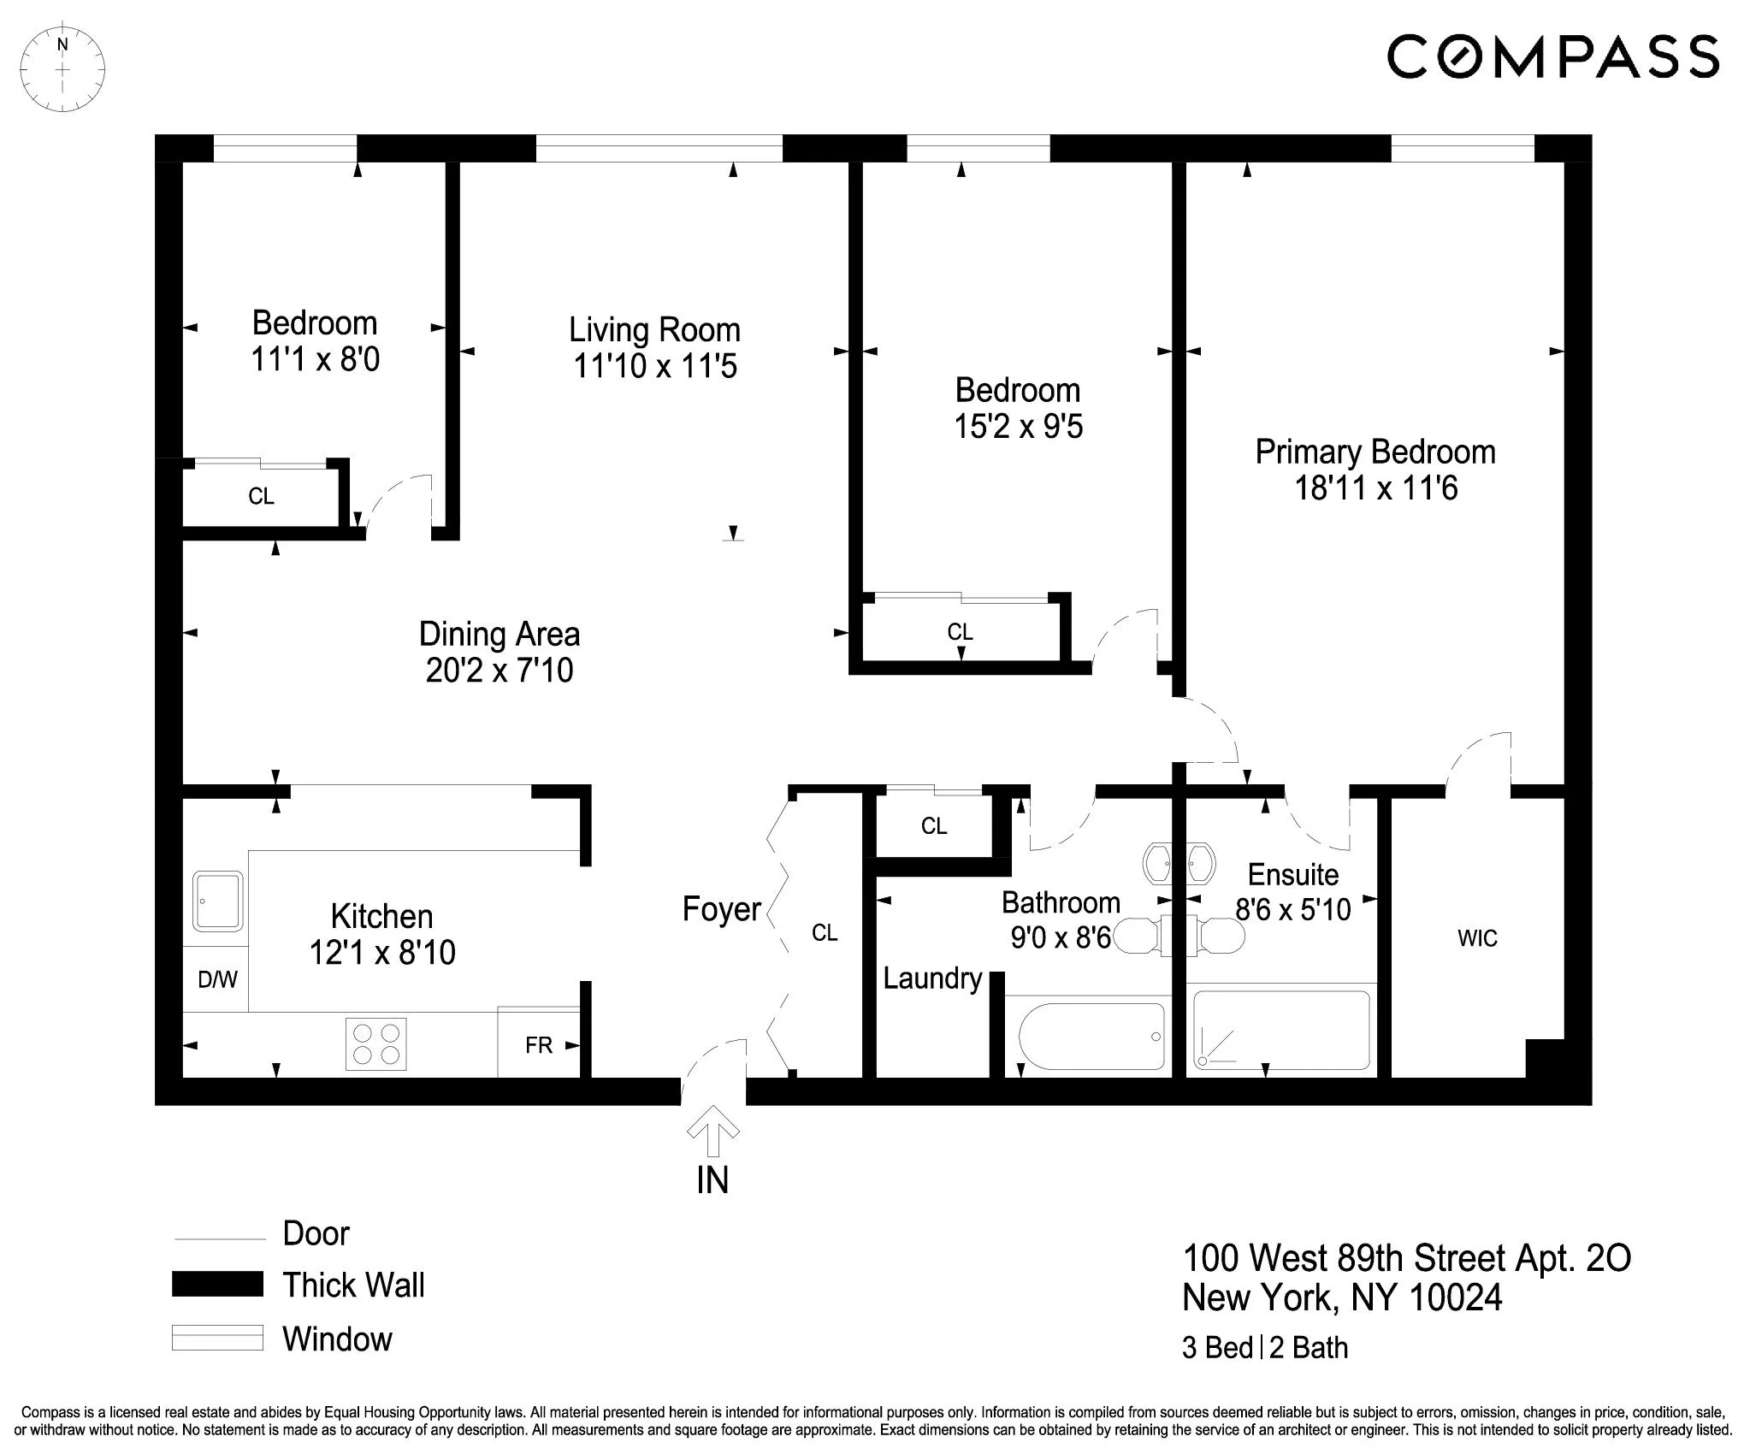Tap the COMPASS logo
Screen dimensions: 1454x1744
click(1552, 56)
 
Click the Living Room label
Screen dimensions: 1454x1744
click(654, 330)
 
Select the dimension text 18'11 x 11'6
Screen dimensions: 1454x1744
click(1375, 488)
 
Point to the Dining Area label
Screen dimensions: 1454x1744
click(500, 634)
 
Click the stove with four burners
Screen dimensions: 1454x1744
click(375, 1043)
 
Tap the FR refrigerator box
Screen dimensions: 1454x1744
click(539, 1044)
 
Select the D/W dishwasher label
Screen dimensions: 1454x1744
click(217, 979)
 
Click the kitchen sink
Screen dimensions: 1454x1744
click(217, 901)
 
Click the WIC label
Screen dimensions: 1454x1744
click(1477, 938)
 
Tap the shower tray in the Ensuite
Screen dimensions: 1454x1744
click(1280, 1030)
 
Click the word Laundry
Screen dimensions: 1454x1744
click(932, 978)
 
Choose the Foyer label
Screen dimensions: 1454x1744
click(721, 909)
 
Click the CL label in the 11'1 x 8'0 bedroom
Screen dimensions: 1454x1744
click(261, 496)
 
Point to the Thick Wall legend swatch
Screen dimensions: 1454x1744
click(217, 1284)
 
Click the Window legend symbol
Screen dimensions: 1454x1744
click(217, 1338)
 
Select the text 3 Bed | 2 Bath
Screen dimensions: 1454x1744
click(1264, 1347)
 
